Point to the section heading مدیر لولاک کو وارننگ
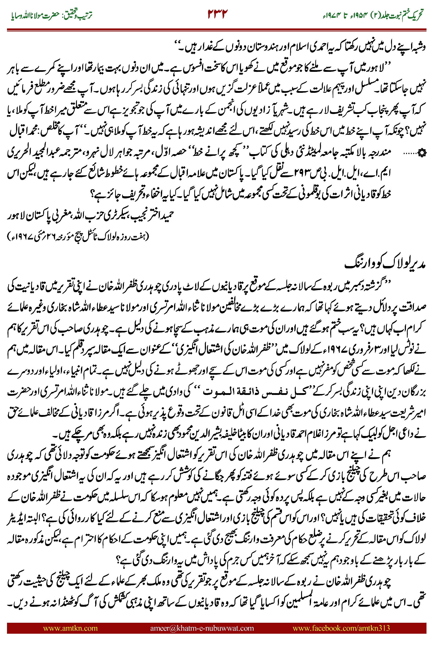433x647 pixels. [385, 264]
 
